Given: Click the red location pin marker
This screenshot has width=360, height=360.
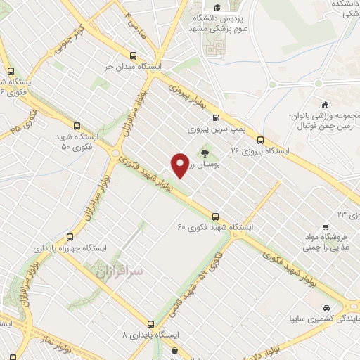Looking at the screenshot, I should [x=180, y=165].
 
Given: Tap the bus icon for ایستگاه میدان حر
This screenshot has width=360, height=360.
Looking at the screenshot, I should [x=133, y=55].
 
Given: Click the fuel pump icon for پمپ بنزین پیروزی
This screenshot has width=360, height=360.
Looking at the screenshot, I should [x=215, y=118].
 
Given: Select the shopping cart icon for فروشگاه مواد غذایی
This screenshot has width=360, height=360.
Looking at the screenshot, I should [x=325, y=227].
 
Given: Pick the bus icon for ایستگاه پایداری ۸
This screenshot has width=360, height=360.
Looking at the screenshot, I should [x=150, y=324].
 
